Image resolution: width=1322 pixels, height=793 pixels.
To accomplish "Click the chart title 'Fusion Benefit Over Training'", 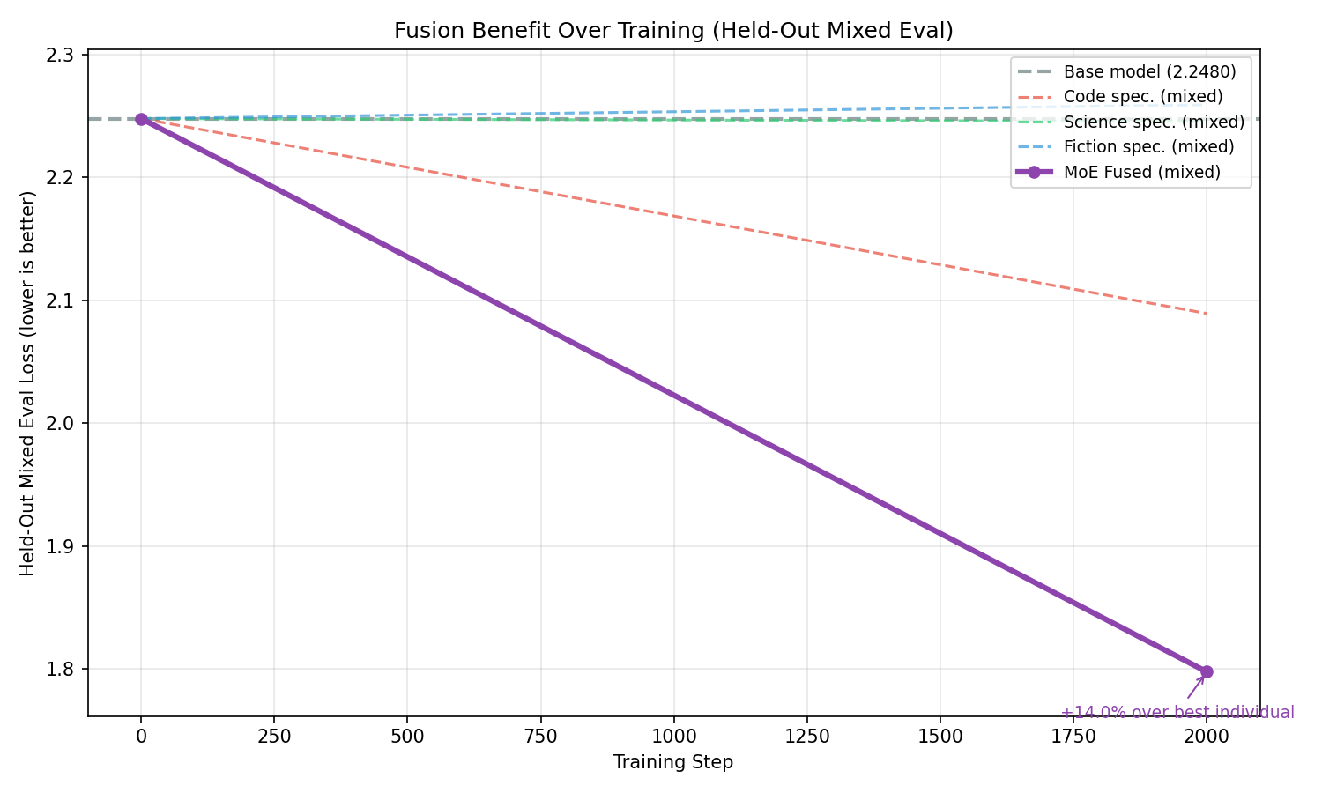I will (x=673, y=31).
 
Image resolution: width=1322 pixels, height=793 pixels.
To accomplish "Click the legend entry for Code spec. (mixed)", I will (x=1143, y=96).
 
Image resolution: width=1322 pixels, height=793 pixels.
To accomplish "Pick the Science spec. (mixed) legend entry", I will (x=1154, y=122).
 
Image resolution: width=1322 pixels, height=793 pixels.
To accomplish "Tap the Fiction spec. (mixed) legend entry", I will (x=1148, y=146).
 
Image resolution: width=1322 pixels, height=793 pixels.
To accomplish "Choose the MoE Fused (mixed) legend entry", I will (x=1141, y=172).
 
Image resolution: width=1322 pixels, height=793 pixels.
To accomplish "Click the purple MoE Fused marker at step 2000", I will (x=1207, y=671).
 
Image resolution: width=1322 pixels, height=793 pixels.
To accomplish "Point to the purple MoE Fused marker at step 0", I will (x=141, y=119).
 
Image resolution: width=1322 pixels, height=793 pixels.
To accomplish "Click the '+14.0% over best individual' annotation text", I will (x=1177, y=713).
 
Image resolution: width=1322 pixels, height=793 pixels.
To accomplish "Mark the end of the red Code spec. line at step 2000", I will (x=1206, y=314).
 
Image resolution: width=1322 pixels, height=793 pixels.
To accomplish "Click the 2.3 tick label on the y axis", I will (x=64, y=55).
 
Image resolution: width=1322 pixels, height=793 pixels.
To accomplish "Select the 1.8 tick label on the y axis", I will (x=64, y=670).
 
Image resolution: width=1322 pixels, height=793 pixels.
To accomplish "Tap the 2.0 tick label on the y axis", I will (x=64, y=424).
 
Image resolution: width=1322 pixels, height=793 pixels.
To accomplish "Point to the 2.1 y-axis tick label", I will (x=64, y=301).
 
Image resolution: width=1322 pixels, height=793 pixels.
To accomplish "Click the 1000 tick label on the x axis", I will (x=673, y=736).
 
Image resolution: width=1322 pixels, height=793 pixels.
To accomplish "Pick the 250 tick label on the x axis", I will (x=273, y=736).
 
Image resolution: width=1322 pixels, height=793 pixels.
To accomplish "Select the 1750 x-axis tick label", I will (x=1073, y=736).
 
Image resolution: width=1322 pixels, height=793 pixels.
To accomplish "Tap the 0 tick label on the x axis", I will (x=141, y=736).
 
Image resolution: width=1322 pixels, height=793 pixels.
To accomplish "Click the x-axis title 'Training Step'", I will (x=673, y=762).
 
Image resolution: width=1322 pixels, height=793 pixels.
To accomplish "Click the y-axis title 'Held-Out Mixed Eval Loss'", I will (x=28, y=383).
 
